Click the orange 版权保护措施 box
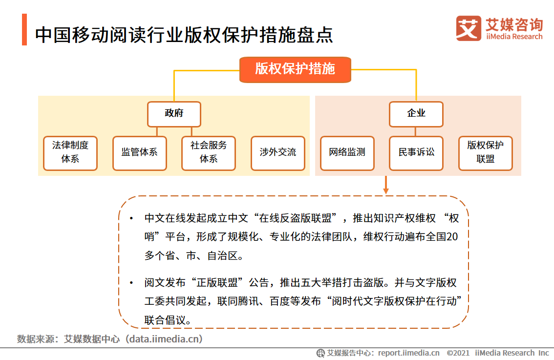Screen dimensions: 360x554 [x=295, y=69]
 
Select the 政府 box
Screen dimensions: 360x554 [x=174, y=114]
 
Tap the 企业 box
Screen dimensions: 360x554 [x=416, y=114]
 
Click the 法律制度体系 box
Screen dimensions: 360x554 [x=70, y=153]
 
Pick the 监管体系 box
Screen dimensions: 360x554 [x=139, y=153]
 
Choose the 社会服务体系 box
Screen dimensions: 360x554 [x=209, y=153]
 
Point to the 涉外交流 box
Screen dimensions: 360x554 [x=277, y=153]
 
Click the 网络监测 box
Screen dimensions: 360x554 [x=347, y=153]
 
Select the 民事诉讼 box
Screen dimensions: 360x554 [x=416, y=153]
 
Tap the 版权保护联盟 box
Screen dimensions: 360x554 [x=486, y=153]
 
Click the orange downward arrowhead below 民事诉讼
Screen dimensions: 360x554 [x=386, y=190]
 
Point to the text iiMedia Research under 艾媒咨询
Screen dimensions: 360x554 [x=514, y=37]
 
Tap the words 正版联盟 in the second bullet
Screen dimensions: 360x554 [x=221, y=283]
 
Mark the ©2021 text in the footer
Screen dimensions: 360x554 [x=458, y=353]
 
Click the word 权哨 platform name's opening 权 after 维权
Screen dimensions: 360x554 [x=453, y=218]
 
